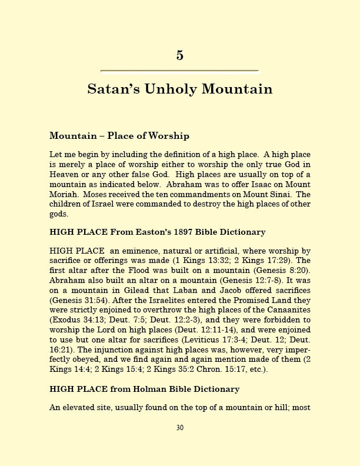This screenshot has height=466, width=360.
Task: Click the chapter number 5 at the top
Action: tap(179, 55)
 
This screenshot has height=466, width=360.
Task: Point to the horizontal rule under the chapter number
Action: tap(179, 71)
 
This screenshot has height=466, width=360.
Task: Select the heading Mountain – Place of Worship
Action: tap(119, 136)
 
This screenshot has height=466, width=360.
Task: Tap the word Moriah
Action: tap(64, 194)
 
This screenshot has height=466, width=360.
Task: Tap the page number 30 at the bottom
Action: tap(180, 428)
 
